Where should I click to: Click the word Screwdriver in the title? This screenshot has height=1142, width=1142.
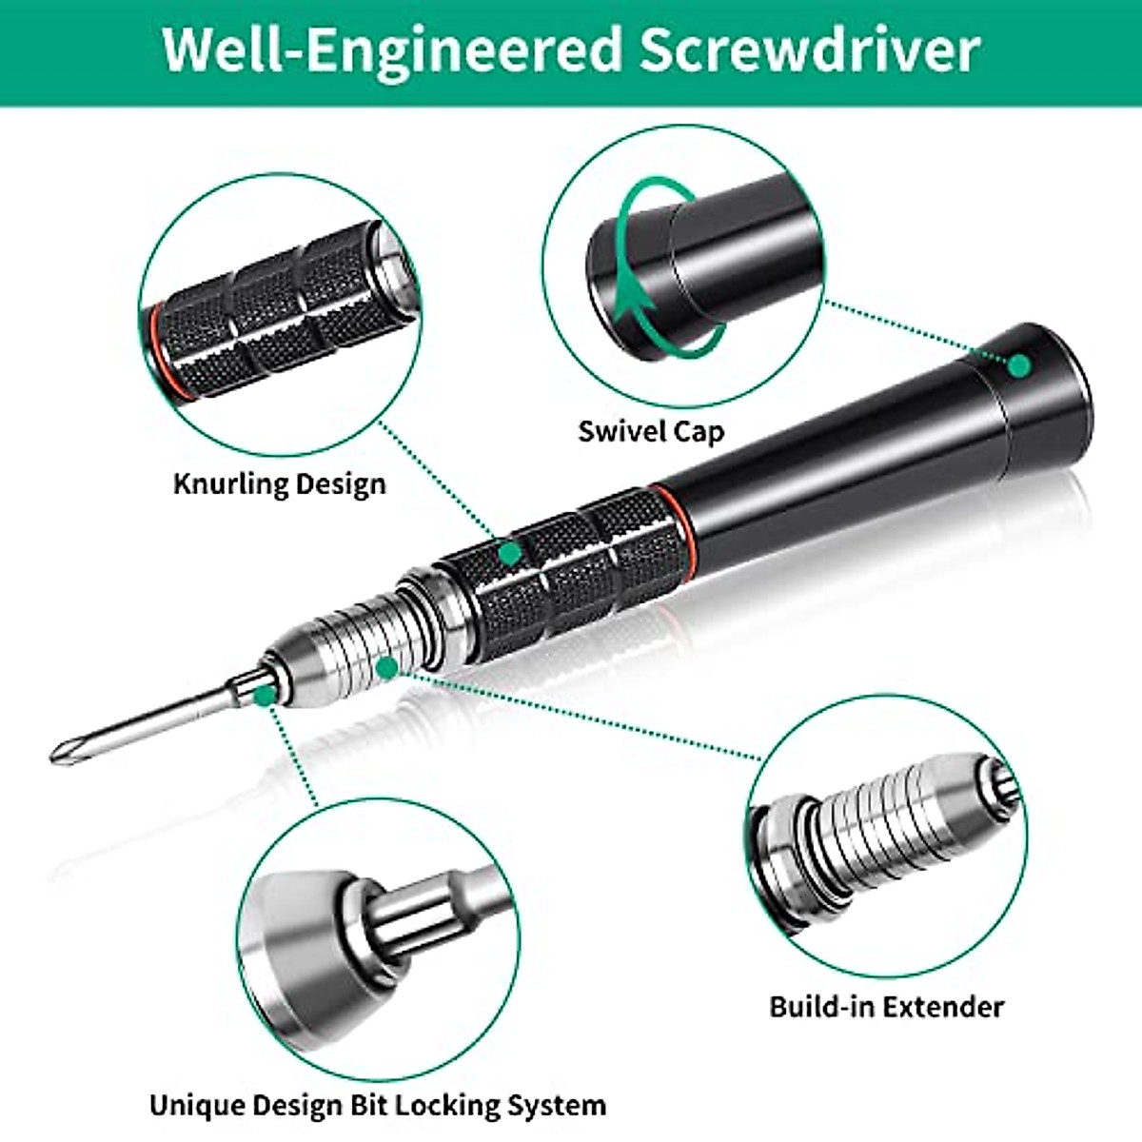pos(809,49)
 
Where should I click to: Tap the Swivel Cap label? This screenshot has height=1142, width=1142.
pos(651,430)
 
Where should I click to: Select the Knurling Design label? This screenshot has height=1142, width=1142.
pos(280,483)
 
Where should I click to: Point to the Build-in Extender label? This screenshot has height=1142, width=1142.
pos(886,1006)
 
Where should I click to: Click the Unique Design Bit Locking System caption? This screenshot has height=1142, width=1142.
pos(378,1105)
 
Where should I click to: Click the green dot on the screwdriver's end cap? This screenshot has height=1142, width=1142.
pos(1019,364)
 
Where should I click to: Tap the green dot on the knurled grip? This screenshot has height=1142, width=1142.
pos(512,552)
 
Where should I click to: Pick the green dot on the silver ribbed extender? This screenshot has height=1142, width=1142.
pos(385,667)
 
